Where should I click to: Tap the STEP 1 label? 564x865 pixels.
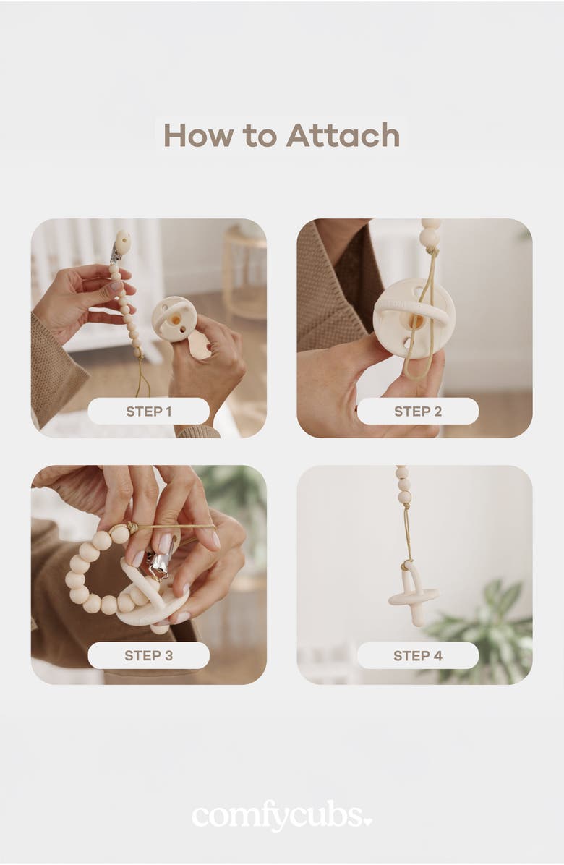click(149, 411)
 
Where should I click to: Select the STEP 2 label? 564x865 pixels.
click(418, 411)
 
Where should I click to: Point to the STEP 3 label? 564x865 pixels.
click(149, 655)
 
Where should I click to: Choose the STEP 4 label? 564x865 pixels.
click(418, 655)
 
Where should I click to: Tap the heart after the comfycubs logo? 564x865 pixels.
click(367, 821)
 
